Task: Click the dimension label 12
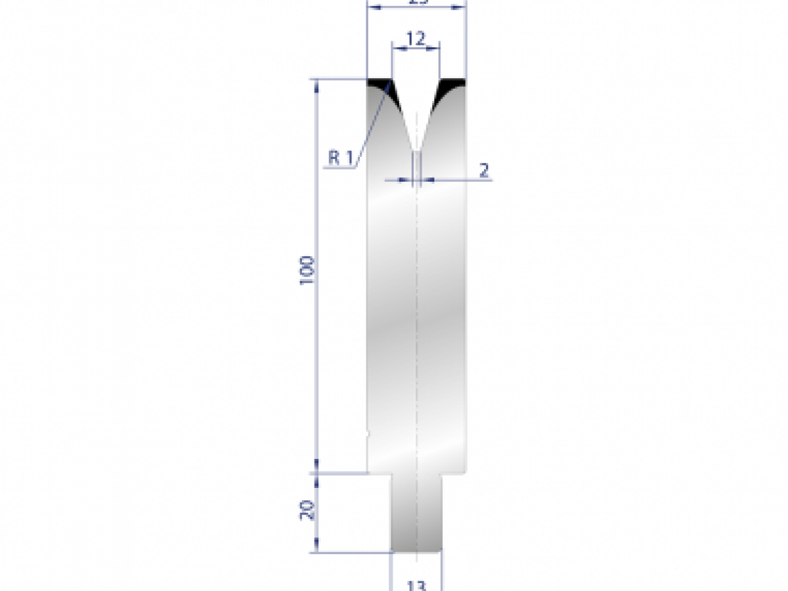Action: (x=415, y=39)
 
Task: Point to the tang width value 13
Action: (x=416, y=585)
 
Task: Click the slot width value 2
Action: (x=484, y=171)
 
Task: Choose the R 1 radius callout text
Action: (x=341, y=158)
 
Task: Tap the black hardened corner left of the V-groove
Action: (x=379, y=84)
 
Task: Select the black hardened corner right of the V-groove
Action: (x=452, y=84)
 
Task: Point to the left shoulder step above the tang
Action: (x=380, y=472)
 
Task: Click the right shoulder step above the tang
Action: (x=453, y=472)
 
